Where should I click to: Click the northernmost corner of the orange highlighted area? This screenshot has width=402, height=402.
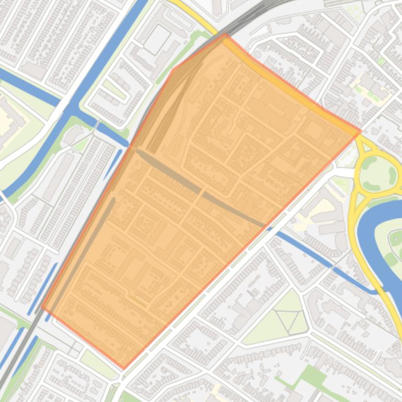click(x=225, y=34)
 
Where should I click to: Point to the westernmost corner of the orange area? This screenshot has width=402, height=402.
click(x=41, y=308)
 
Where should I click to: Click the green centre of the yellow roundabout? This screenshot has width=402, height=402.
click(x=377, y=174)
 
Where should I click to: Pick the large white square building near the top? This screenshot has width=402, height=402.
click(x=157, y=39)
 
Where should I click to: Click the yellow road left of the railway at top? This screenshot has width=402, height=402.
click(x=193, y=13)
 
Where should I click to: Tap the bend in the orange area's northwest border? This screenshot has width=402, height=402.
click(x=173, y=69)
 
